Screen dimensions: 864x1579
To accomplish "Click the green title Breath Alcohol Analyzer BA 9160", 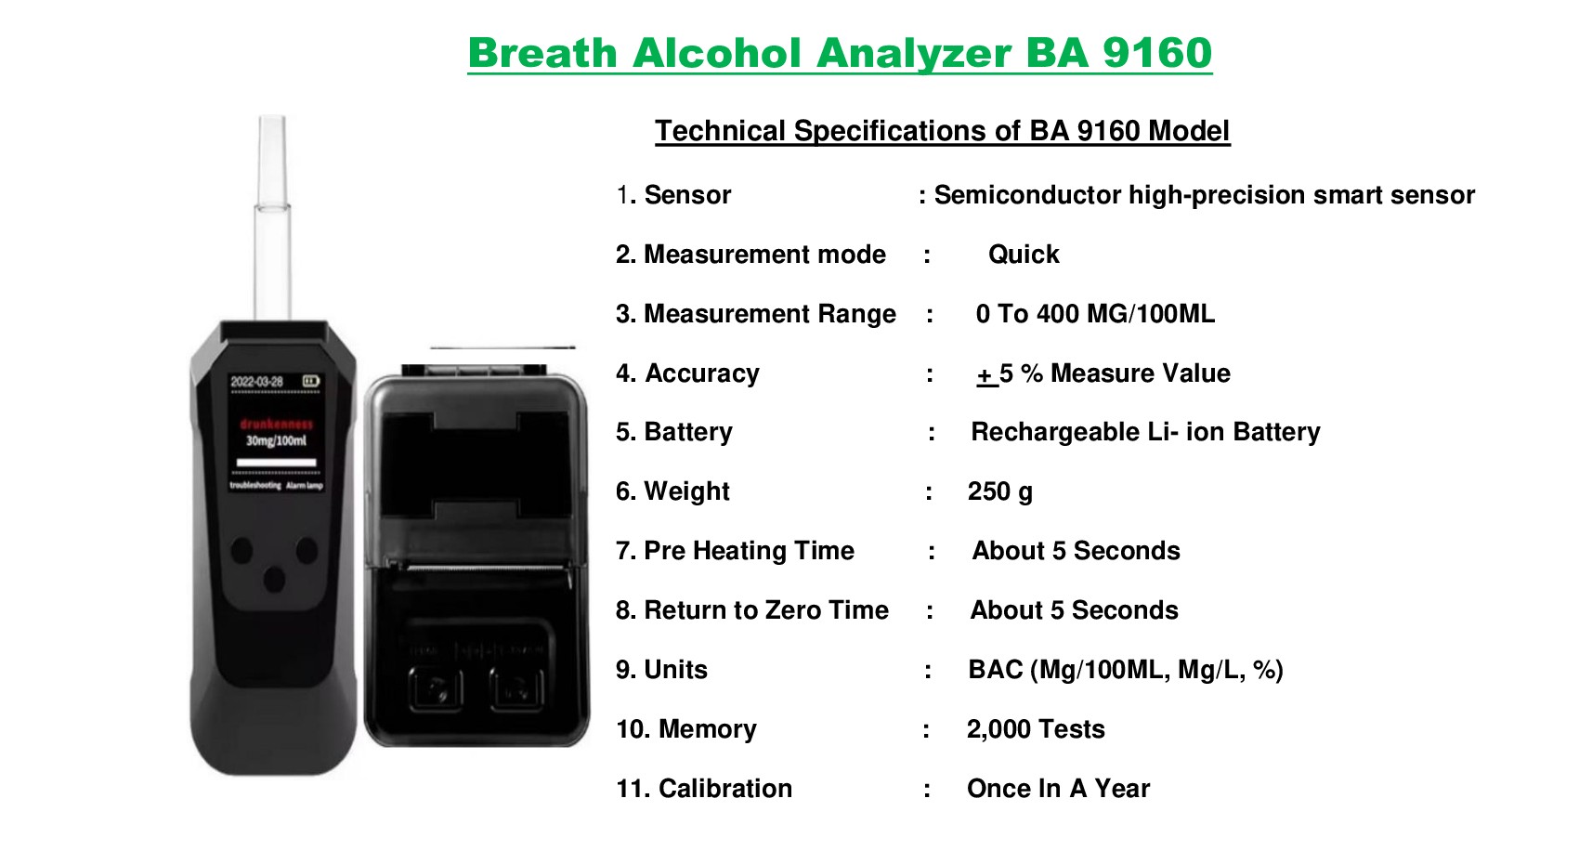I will tap(840, 53).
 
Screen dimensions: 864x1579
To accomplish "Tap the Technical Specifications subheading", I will tap(942, 131).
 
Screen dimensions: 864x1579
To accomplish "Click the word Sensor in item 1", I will tap(687, 195).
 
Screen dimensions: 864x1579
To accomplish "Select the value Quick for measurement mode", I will tap(1024, 255).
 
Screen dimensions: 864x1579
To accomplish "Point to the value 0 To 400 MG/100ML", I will tap(1095, 314).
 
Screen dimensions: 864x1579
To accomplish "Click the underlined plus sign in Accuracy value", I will tap(985, 374).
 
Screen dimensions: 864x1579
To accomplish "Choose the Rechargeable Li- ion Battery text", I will tap(1145, 432).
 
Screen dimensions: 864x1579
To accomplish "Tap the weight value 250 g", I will tap(999, 491).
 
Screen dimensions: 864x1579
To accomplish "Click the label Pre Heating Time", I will tap(749, 551).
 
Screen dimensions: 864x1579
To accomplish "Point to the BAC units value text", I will tap(1125, 670).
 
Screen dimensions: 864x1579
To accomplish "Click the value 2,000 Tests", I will tap(1036, 729).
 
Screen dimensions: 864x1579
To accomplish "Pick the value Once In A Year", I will tap(1058, 789).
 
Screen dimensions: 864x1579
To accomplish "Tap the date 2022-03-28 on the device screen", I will tap(257, 382).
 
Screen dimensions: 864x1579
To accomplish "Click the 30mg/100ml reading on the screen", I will tap(276, 440).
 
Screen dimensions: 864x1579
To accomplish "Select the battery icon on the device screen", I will tap(310, 381).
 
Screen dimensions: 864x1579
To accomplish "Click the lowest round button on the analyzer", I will tap(274, 581).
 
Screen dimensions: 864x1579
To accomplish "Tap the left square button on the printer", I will tap(435, 688).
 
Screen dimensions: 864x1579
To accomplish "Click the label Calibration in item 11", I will tap(724, 789).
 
